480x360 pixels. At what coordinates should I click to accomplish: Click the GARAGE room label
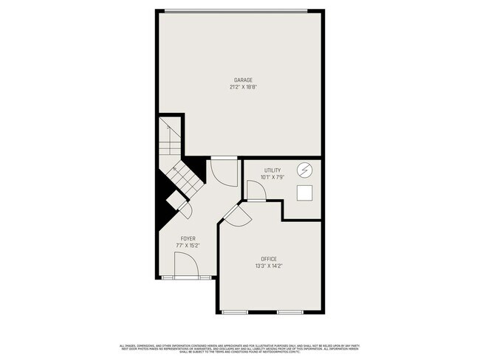tap(244, 80)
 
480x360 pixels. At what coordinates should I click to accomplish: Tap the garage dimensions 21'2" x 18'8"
tap(244, 87)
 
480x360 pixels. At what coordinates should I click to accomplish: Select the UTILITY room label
tap(272, 170)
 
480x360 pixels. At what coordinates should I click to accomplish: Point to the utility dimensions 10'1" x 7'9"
tap(272, 177)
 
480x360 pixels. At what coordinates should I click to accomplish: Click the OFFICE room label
tap(269, 258)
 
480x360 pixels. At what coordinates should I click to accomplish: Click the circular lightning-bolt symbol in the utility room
tap(304, 171)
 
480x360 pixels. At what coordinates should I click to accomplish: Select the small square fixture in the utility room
tap(304, 193)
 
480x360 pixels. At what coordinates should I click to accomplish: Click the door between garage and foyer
tap(222, 171)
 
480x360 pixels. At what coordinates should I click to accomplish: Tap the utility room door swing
tap(256, 191)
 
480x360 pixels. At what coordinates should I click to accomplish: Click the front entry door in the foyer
tap(185, 266)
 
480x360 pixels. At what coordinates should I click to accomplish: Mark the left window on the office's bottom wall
tap(236, 313)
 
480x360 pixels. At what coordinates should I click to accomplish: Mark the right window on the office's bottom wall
tap(289, 313)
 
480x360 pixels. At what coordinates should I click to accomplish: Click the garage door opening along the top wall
tap(234, 10)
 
